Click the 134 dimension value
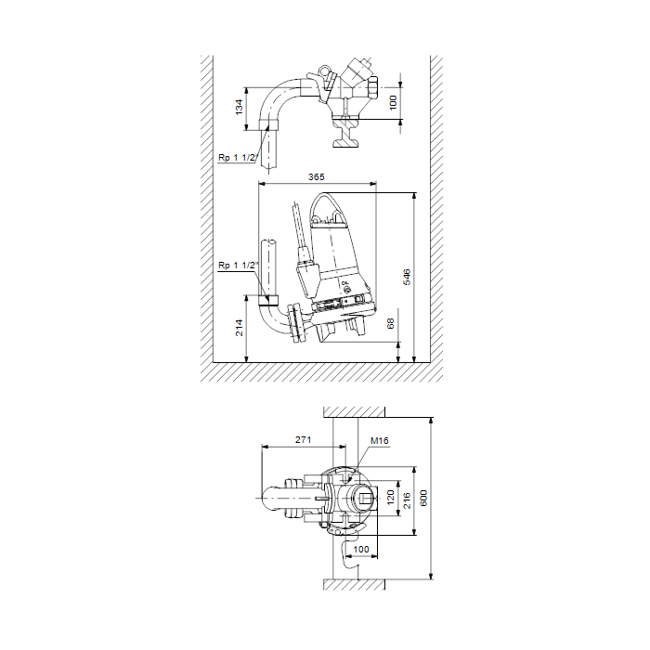240,108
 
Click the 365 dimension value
317,177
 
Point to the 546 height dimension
407,277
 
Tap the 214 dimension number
240,328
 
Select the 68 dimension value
391,324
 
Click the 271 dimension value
303,440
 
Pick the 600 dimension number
423,498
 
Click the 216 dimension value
407,500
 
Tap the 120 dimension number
391,498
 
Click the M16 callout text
379,441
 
